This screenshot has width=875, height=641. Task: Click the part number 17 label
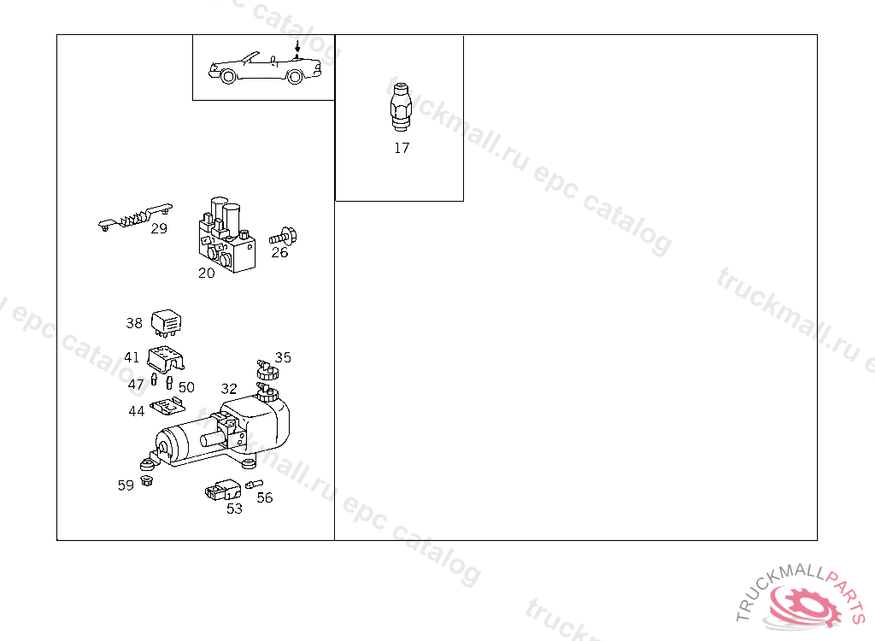coord(402,148)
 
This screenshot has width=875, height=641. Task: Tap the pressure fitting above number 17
coord(401,107)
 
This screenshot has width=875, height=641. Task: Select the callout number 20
coord(207,273)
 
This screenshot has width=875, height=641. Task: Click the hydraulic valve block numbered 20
coord(226,234)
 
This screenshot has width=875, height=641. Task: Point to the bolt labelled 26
coord(283,237)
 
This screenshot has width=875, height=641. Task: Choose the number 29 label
coord(159,228)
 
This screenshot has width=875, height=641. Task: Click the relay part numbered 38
coord(167,323)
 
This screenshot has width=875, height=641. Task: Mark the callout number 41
coord(132,357)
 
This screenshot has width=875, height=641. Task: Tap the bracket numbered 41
coord(166,359)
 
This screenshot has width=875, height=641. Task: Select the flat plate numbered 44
coord(167,406)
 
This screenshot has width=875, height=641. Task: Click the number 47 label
coord(136,385)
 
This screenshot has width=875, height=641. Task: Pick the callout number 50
coord(186,387)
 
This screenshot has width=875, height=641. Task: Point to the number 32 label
coord(229,389)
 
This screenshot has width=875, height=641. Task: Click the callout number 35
coord(283,357)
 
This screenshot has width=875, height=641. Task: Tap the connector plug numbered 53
coord(223,490)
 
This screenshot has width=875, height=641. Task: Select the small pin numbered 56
coord(254,484)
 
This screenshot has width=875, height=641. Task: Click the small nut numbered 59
coord(147,480)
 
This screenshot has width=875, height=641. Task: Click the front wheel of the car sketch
coord(227,76)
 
